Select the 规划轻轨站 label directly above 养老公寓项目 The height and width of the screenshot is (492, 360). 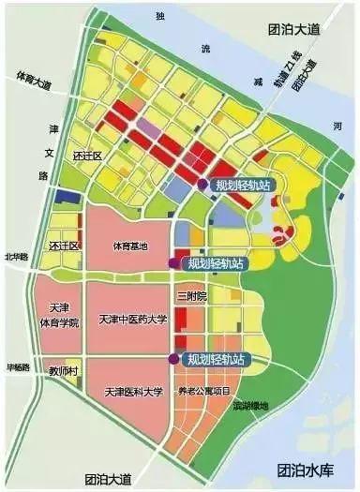tap(216, 359)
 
